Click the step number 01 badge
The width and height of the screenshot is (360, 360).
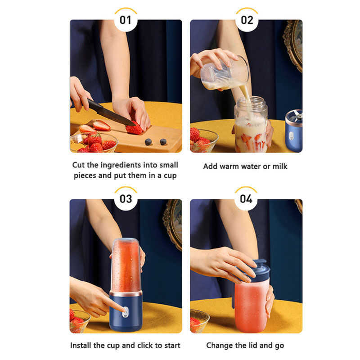point(126,20)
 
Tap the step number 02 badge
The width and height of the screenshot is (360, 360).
point(247,20)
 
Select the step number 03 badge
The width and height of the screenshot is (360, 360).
point(126,199)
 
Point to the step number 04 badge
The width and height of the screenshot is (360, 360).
point(246,199)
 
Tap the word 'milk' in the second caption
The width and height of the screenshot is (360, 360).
point(280,166)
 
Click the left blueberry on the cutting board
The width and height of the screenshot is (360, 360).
point(148,142)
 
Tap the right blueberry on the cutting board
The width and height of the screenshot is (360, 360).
point(163,142)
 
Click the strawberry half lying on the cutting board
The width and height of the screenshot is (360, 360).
point(102,126)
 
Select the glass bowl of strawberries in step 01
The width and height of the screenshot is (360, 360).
point(94,142)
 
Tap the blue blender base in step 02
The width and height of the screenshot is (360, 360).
point(294,131)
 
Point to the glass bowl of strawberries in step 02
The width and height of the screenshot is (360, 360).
point(204,140)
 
